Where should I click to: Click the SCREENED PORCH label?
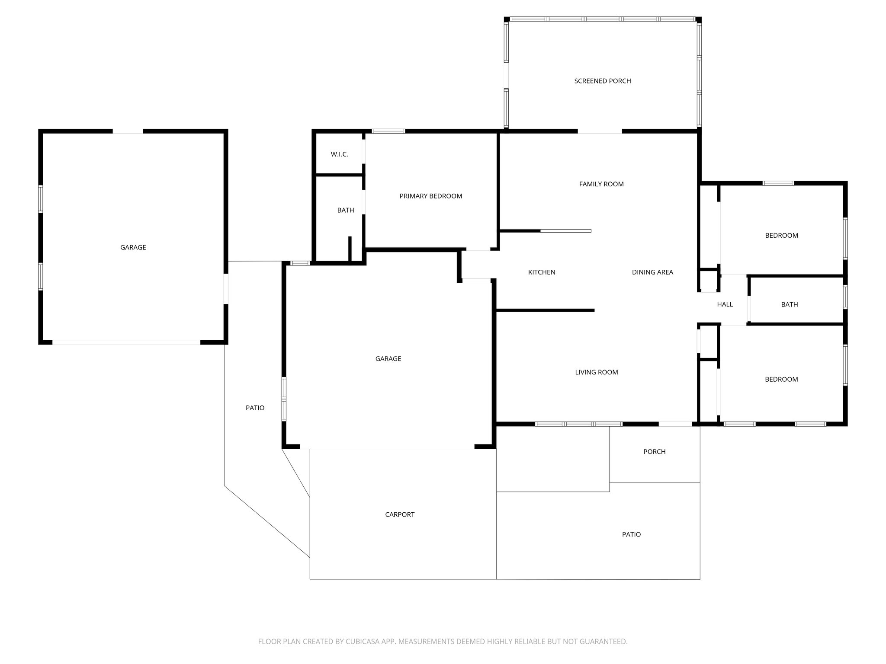602,81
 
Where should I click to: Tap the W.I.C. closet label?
339,154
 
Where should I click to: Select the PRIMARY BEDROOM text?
430,196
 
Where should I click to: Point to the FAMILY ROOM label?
601,184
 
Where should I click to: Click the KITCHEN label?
541,272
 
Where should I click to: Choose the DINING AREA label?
652,272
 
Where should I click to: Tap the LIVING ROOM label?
596,372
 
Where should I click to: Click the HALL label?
725,304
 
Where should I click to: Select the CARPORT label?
399,514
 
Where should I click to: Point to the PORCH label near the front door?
654,452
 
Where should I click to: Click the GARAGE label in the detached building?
133,247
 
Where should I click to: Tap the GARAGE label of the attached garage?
388,359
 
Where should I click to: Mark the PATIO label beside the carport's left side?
255,408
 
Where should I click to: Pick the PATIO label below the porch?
631,534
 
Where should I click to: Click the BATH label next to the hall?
789,304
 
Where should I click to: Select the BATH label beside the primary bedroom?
345,210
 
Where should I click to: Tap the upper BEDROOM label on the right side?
781,236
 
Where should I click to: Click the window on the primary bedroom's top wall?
388,131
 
